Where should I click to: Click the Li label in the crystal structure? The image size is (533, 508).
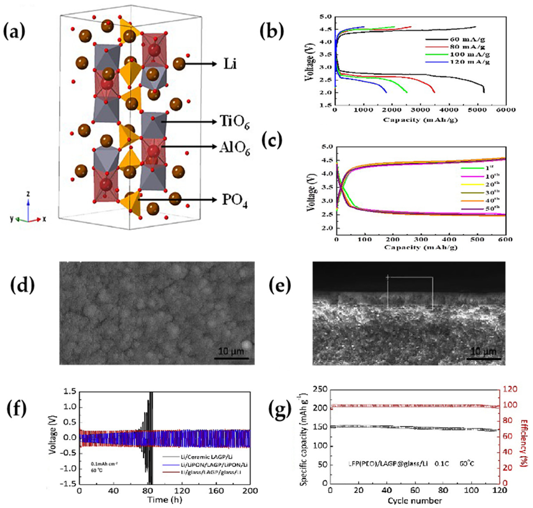(x=230, y=65)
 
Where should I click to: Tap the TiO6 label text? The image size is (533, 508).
(x=235, y=123)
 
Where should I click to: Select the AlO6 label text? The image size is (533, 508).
(x=235, y=148)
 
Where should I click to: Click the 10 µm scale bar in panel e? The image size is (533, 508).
(x=484, y=359)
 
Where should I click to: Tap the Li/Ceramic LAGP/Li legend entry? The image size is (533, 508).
(x=210, y=457)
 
